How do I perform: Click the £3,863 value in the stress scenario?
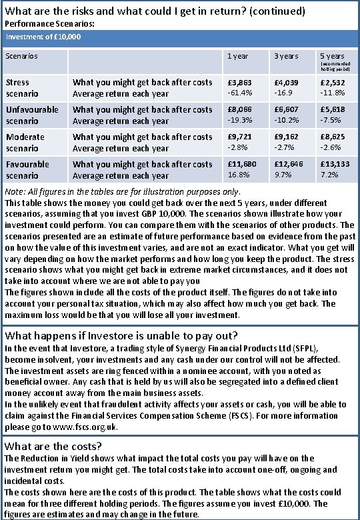click(239, 82)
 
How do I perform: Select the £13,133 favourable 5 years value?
click(335, 164)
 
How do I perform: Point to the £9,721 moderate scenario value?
click(239, 137)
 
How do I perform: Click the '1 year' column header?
click(238, 57)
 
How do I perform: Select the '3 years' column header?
click(287, 57)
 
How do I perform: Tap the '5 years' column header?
click(333, 57)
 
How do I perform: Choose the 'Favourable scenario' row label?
click(27, 170)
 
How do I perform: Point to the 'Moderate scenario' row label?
click(25, 143)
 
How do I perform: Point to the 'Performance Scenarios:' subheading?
click(49, 23)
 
